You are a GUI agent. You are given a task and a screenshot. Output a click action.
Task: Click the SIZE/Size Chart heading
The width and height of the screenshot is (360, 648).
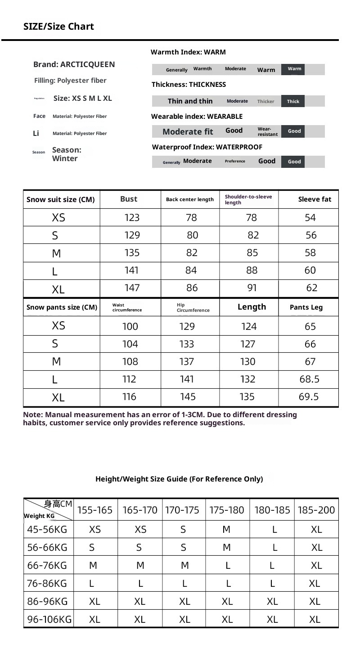pos(58,27)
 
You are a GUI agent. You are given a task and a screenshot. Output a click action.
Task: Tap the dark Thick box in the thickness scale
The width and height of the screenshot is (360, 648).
pos(293,101)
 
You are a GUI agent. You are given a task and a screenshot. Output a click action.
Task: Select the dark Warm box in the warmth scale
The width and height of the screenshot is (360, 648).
pos(294,69)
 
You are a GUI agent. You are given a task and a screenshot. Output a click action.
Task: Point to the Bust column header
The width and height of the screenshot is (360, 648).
pos(129,199)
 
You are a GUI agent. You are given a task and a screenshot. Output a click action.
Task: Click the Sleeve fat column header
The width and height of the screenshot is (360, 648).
pos(315,199)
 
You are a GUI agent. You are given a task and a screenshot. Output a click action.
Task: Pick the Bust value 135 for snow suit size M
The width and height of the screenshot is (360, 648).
pos(132,253)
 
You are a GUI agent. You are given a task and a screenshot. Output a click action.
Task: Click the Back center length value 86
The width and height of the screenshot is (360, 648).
pos(192,288)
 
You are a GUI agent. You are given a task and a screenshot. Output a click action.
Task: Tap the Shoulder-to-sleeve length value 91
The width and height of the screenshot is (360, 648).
pos(252,288)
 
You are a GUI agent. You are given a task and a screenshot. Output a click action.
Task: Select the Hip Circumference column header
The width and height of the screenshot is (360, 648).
pos(193,307)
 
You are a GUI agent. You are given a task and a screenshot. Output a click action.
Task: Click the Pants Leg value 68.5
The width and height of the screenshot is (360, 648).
pos(309,379)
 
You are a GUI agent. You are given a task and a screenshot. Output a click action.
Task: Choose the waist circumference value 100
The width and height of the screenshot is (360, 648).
pos(130,326)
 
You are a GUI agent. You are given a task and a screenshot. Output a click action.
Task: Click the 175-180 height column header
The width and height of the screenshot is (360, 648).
pos(226,510)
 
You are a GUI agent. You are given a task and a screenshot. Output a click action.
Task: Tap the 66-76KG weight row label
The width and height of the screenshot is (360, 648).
pos(47,565)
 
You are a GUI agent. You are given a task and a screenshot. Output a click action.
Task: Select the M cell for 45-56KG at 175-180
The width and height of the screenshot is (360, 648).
pos(226,530)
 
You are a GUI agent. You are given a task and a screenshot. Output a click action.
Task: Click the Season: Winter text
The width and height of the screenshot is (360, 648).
pos(67,154)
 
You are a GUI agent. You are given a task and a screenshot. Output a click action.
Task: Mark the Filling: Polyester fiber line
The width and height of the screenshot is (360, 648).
pos(70,81)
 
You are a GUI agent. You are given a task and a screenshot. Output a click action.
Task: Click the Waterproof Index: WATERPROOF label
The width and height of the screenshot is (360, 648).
pos(207,147)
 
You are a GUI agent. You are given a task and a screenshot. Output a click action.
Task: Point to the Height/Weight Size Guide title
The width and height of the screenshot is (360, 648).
pos(179,479)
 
